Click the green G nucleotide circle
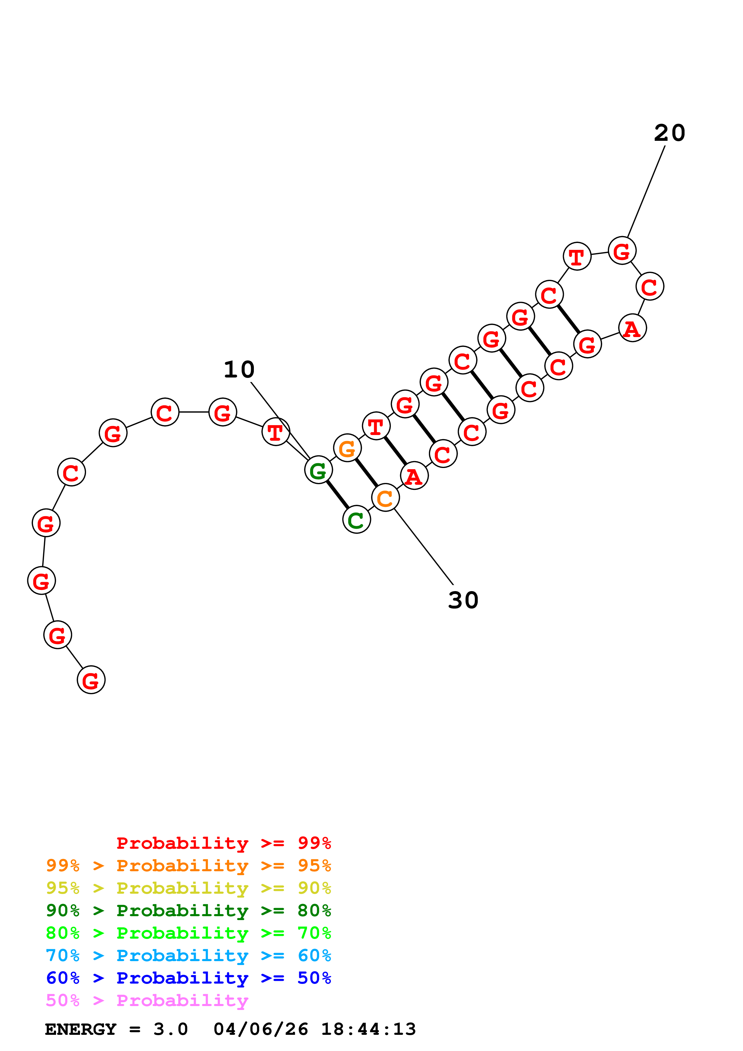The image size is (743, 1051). point(318,470)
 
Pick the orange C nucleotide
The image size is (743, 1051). point(385,498)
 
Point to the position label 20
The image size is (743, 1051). point(669,133)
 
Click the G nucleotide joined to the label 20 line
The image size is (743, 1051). point(622,251)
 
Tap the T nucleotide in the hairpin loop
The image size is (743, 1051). point(577,256)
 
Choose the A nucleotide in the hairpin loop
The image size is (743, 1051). point(632,328)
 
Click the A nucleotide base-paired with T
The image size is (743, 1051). point(414,476)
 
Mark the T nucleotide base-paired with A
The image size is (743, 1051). point(376,426)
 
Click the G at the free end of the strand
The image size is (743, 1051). point(91,680)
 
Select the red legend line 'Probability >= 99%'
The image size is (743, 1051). point(223,843)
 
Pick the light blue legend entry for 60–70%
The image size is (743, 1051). point(188,955)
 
